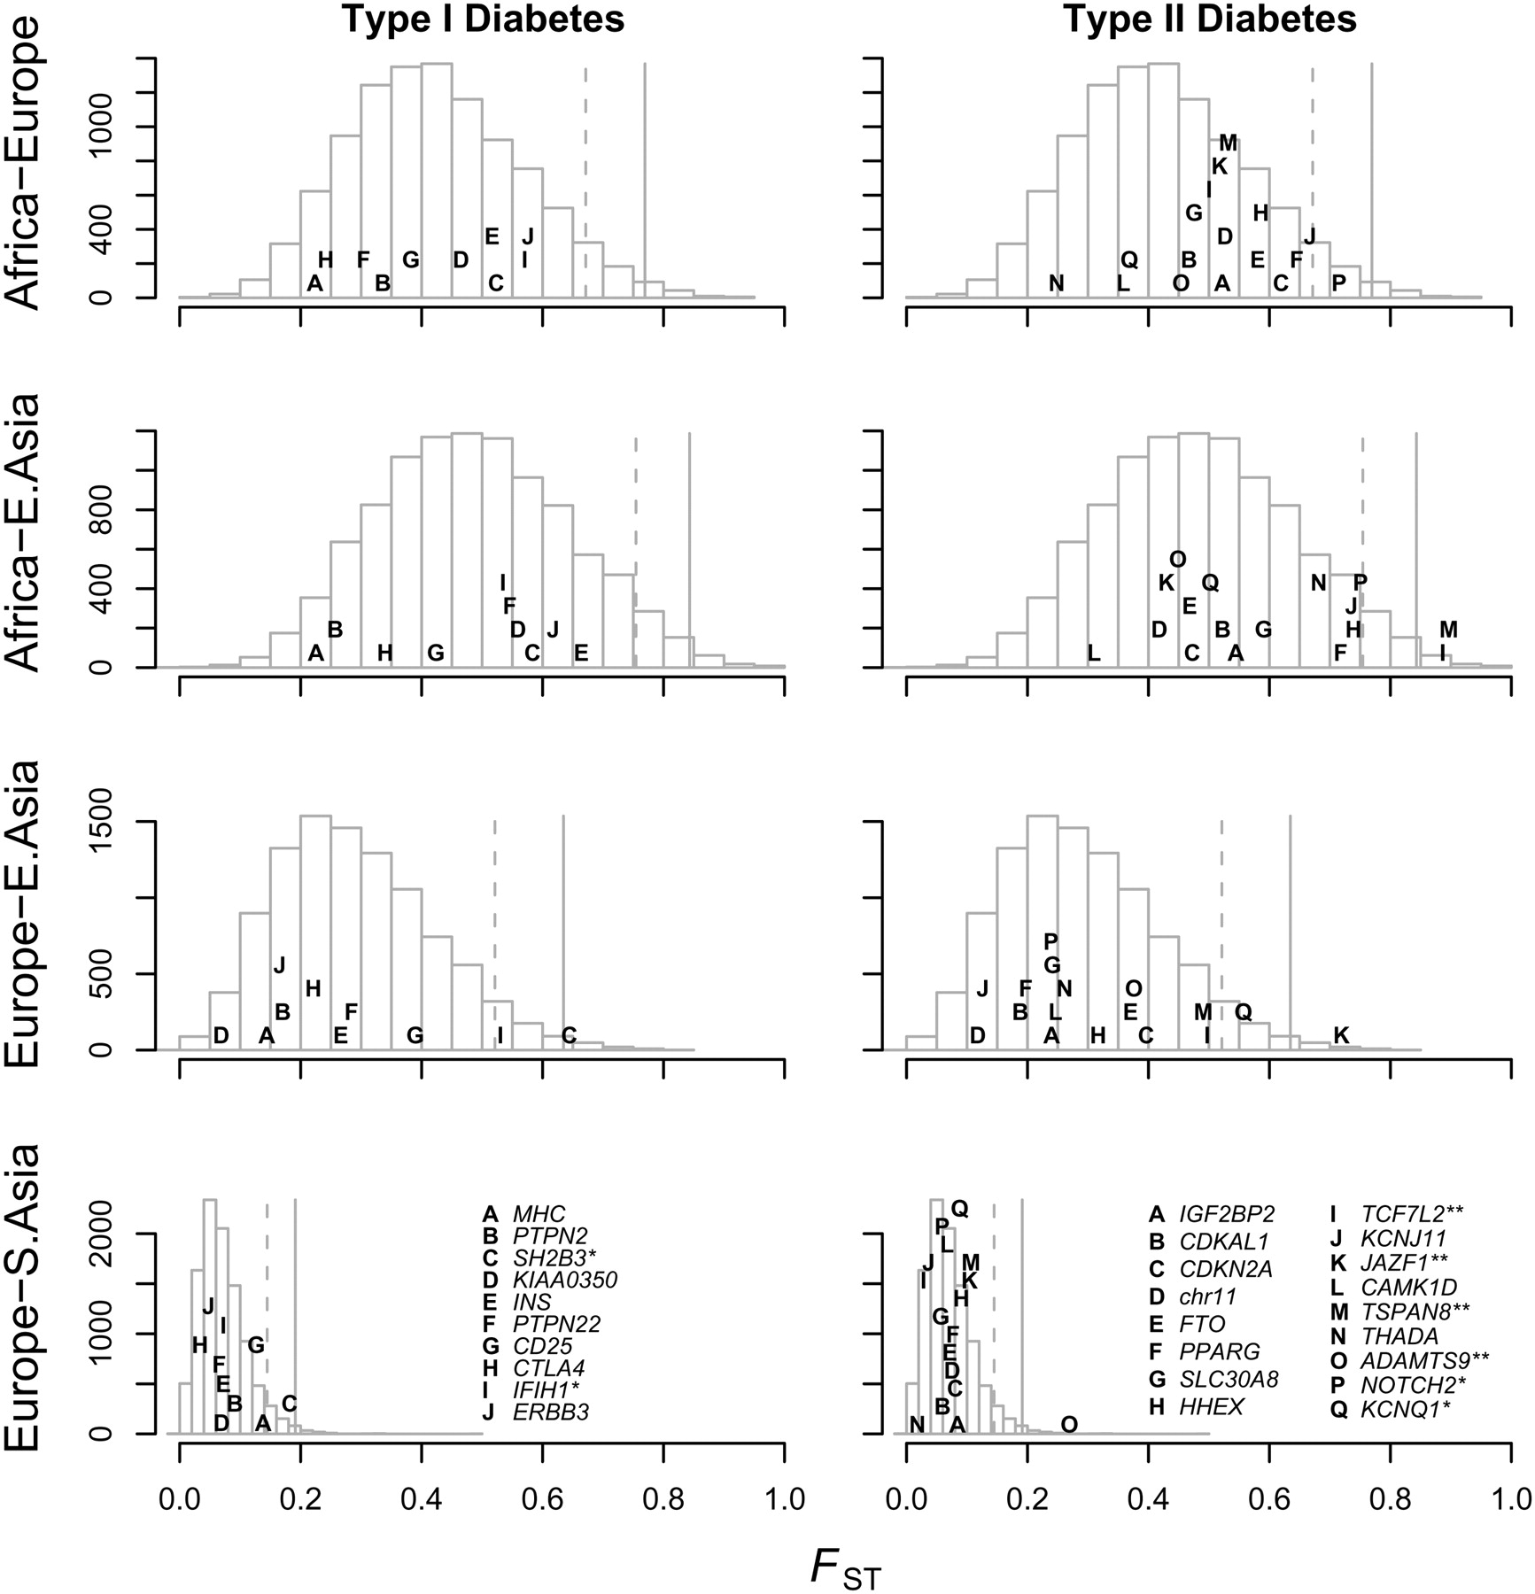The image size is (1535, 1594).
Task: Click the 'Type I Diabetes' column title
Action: point(483,19)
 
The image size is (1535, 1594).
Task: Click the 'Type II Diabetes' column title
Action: point(1209,19)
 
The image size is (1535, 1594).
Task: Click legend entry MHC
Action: point(538,1214)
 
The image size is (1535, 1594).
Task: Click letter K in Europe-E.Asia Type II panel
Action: point(1341,1035)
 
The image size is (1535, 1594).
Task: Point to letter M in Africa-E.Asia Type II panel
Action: point(1448,631)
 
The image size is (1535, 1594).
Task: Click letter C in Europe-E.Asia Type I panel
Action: point(570,1035)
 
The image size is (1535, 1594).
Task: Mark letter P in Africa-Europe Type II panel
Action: point(1339,283)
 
